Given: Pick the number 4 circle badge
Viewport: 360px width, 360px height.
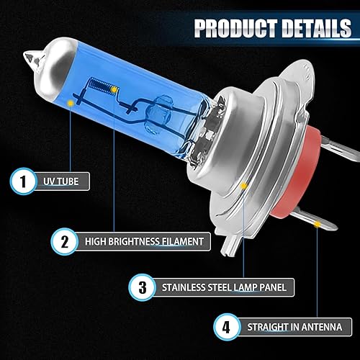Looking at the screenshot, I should (x=228, y=327).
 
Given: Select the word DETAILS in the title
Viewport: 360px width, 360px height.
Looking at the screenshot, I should (x=315, y=29).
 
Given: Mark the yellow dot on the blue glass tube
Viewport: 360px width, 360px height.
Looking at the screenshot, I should (x=71, y=104).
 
